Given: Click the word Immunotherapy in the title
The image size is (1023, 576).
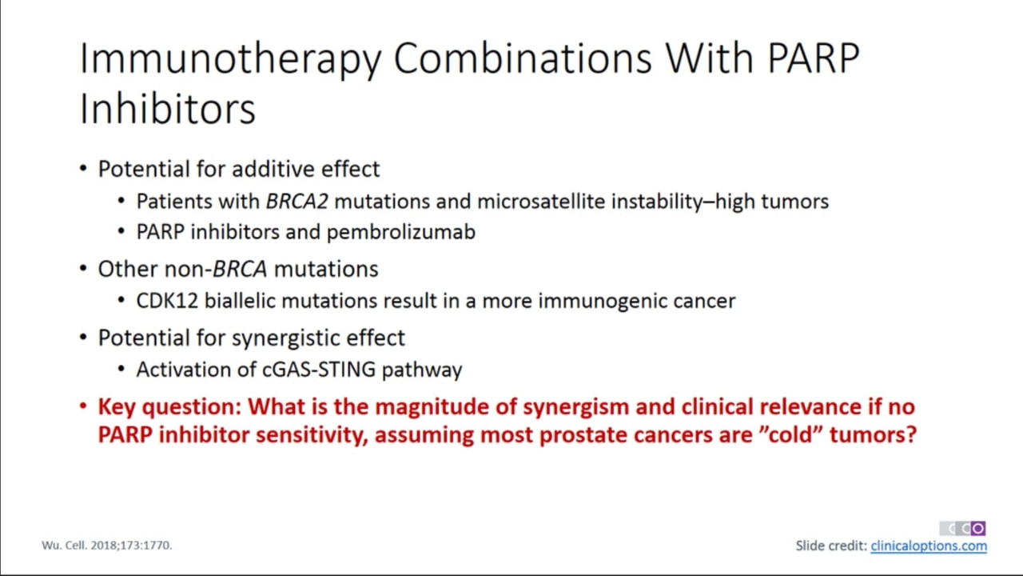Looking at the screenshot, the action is click(231, 58).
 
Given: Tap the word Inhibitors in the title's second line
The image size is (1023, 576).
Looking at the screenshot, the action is click(167, 108).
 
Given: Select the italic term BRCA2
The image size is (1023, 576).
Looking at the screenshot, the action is click(297, 201).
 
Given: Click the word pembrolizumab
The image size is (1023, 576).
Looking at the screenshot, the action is click(401, 232).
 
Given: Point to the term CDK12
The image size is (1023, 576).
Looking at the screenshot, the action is click(167, 301).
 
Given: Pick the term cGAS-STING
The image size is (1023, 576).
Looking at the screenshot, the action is click(319, 370).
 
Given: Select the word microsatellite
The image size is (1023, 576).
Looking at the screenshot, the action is click(541, 201).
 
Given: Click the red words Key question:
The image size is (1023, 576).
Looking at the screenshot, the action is click(169, 407).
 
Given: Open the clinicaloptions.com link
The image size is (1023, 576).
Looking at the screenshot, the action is click(929, 546).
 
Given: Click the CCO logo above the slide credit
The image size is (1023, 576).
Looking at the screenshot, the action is click(962, 528).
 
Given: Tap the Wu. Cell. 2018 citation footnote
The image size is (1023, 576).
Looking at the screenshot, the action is click(107, 546).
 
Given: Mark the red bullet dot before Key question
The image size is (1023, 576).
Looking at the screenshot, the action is click(83, 406).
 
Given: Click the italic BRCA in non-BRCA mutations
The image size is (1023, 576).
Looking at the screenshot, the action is click(240, 269).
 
